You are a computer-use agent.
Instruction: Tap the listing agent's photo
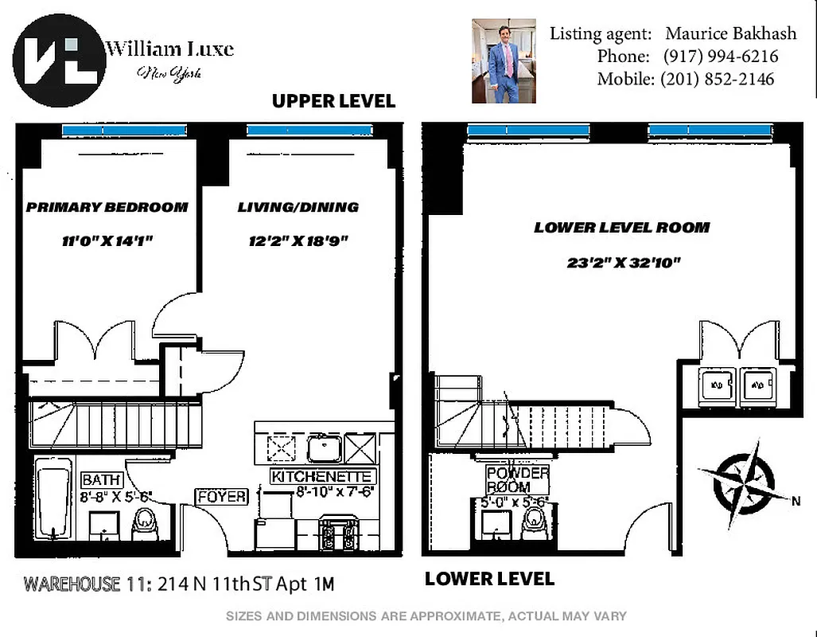(x=503, y=61)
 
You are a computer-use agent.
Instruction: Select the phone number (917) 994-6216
(x=720, y=57)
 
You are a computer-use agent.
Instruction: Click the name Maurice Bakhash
(x=721, y=34)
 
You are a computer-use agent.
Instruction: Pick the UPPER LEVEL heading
(x=333, y=101)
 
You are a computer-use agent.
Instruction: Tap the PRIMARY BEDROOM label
(x=107, y=207)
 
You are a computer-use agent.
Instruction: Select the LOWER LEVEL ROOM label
(x=621, y=228)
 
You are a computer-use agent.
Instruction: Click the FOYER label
(x=222, y=497)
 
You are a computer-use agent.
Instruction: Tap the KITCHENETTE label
(x=322, y=477)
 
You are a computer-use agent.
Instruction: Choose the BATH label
(x=102, y=480)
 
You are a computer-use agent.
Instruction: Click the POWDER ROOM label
(x=518, y=480)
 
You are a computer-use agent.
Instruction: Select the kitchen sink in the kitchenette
(x=324, y=449)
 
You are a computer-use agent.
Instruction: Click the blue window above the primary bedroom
(x=124, y=130)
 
